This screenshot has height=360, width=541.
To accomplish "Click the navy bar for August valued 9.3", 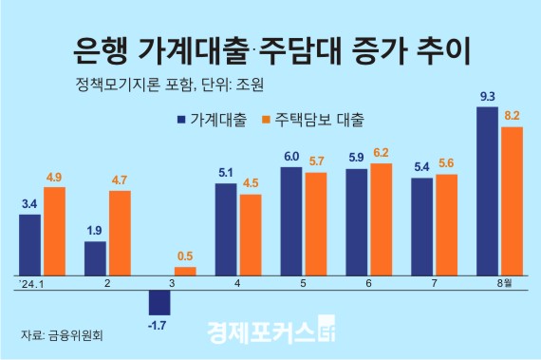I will (488, 191).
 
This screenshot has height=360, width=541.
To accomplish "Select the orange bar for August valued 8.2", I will (512, 200).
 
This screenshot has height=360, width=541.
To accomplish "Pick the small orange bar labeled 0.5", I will (185, 271).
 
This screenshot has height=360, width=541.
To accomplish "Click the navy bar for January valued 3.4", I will (30, 244).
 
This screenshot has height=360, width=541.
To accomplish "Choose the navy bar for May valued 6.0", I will (291, 220).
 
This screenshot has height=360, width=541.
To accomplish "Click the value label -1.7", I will (159, 326).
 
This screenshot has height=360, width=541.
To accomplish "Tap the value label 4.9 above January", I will (54, 177).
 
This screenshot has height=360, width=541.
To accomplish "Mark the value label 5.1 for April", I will (226, 173).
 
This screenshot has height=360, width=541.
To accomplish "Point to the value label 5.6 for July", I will (446, 163).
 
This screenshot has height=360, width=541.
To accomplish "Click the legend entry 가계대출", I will (208, 121).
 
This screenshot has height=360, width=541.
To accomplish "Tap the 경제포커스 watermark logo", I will (270, 332).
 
